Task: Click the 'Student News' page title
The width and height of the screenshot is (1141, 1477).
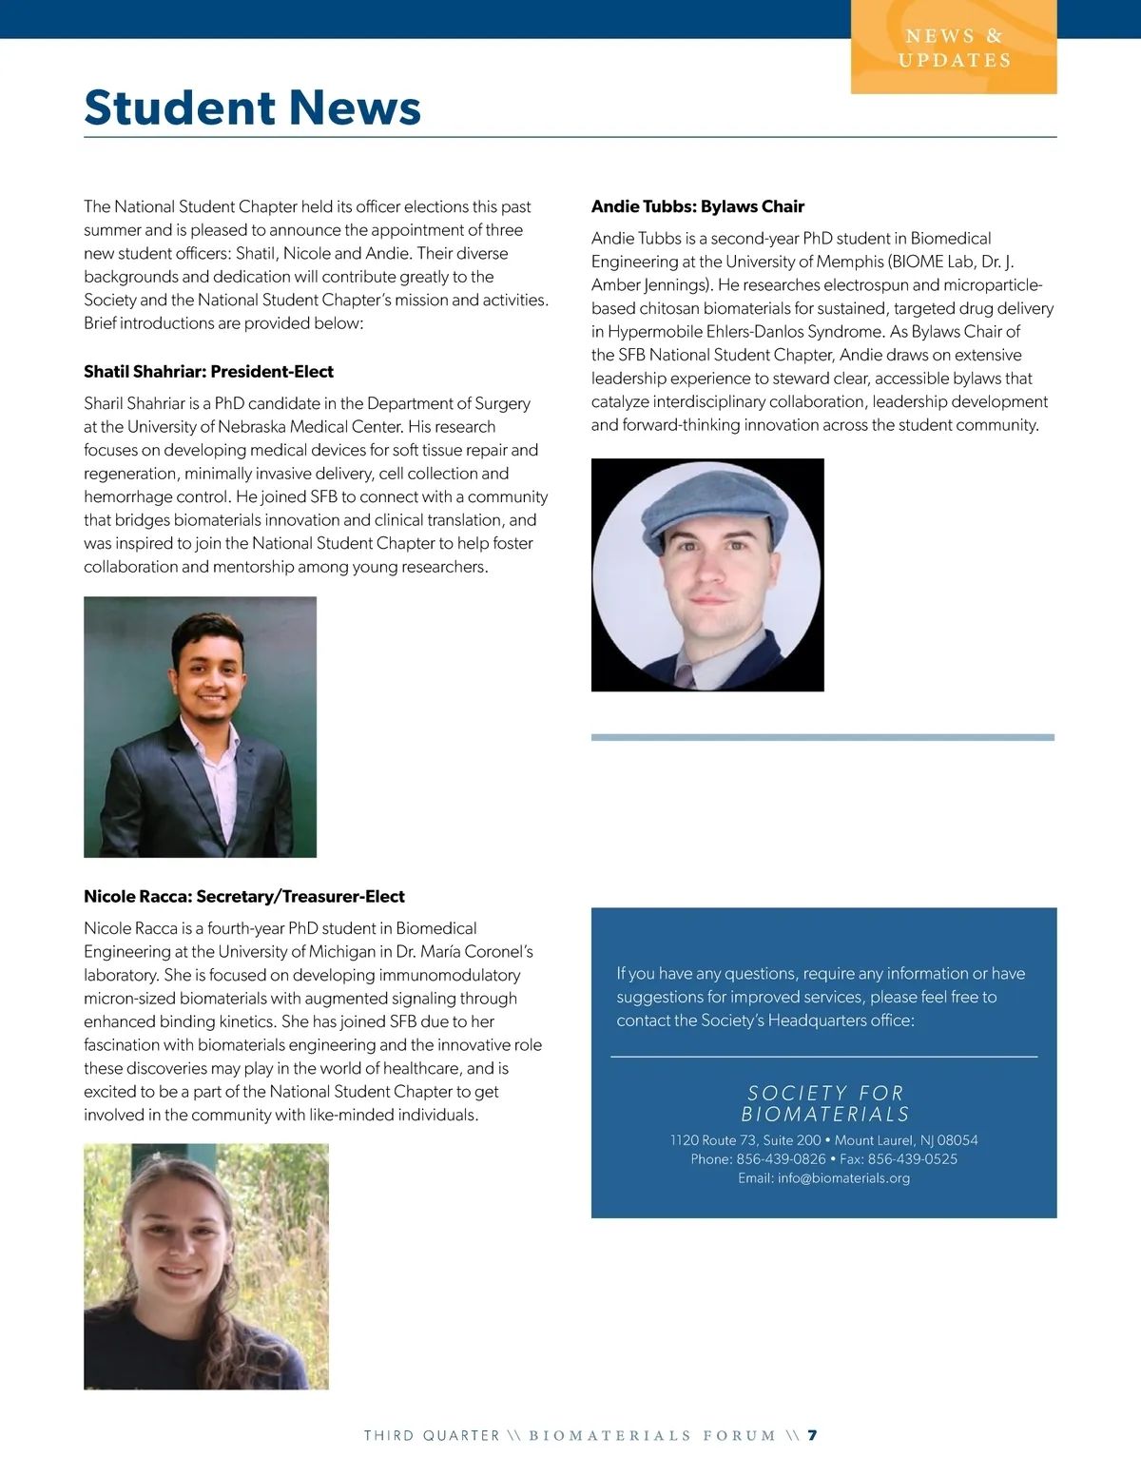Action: coord(252,107)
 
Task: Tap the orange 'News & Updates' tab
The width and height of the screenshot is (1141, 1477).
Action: coord(954,48)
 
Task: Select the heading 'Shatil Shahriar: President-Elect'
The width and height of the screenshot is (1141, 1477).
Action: coord(208,372)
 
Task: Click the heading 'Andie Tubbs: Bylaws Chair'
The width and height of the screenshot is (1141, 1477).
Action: coord(698,206)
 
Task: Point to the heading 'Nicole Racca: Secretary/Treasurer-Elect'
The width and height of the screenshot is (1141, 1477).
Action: coord(244,896)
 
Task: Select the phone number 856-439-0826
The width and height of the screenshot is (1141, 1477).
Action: coord(781,1158)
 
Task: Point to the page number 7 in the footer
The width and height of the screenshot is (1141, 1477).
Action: coord(813,1435)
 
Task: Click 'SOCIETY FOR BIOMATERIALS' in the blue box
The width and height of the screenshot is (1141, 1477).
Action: coord(824,1103)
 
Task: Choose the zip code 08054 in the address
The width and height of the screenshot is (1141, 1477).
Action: coord(957,1139)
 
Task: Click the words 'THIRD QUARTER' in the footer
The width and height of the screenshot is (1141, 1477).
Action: coord(432,1435)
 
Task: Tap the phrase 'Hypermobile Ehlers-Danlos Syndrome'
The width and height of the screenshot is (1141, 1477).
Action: coord(745,331)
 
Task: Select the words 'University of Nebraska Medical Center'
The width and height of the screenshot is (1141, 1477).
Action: coord(311,426)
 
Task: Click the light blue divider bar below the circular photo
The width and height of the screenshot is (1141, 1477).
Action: coord(822,737)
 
